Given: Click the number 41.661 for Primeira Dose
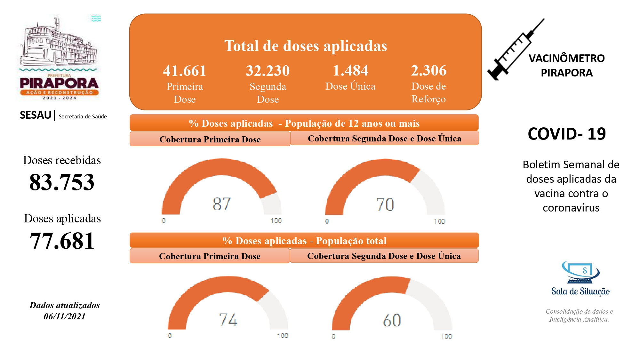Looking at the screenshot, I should point(185,71).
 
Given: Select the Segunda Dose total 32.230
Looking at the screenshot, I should point(268,71).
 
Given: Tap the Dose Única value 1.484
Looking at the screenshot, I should point(350,70).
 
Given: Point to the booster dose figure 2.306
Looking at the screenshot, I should point(428,70).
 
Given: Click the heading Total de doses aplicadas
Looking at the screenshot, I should point(306,46).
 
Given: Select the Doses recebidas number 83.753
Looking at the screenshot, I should point(62,182).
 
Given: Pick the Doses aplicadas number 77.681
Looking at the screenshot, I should point(62,241).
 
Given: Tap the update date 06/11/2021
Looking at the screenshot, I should point(65,316).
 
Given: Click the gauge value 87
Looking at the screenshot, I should point(221,204).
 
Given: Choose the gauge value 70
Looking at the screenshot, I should point(385,204).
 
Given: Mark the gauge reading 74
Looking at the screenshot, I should point(228,319).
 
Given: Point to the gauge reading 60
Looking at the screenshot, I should point(392,320).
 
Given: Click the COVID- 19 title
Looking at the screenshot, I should point(567,133).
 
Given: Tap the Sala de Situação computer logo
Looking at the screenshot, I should point(580,272).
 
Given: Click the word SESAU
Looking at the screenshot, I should point(36,115).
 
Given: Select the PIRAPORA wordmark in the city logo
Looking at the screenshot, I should point(59,84).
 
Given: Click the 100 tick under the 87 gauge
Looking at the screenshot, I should point(276,221).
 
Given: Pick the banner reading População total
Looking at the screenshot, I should point(304,241).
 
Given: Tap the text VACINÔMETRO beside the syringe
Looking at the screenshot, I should point(566,58).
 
